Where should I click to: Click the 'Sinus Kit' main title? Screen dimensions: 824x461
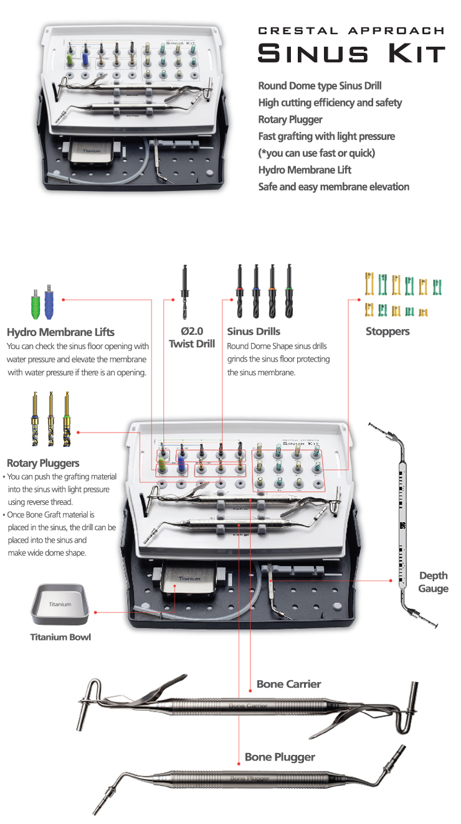[351, 54]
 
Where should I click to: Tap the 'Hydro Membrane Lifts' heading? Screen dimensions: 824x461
[60, 332]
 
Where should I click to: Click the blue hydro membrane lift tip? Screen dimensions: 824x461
[49, 302]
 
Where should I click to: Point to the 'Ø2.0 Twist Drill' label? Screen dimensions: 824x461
[192, 337]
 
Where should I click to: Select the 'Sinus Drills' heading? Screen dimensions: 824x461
[254, 332]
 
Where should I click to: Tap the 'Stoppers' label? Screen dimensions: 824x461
[387, 332]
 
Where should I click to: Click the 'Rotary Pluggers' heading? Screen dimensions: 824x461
[43, 463]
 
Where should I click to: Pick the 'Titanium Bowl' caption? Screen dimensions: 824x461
[60, 637]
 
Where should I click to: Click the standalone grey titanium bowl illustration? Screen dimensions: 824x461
[60, 604]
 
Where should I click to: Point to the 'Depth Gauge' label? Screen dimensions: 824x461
[434, 582]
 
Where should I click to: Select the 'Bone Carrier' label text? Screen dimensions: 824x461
[288, 684]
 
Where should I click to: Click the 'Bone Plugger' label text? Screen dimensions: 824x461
[280, 757]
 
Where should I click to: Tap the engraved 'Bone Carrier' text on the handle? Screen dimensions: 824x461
[248, 706]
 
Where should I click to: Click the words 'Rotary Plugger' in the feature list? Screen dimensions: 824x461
[290, 119]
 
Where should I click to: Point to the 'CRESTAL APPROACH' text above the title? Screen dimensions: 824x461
[351, 30]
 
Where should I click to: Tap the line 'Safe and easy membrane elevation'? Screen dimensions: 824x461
[334, 187]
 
